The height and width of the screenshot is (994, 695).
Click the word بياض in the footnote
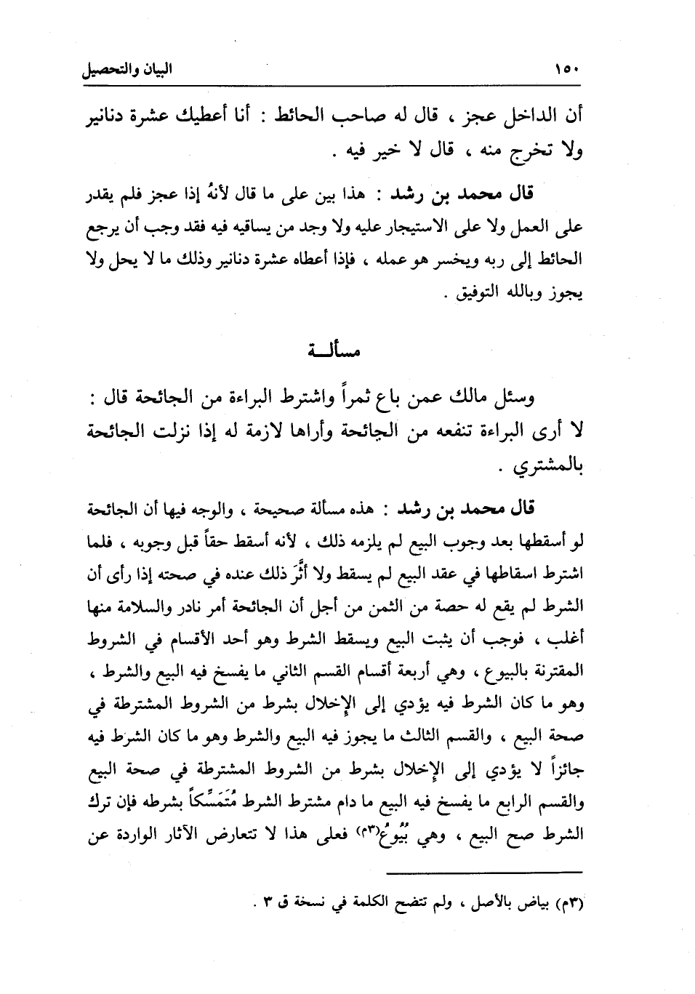(545, 906)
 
